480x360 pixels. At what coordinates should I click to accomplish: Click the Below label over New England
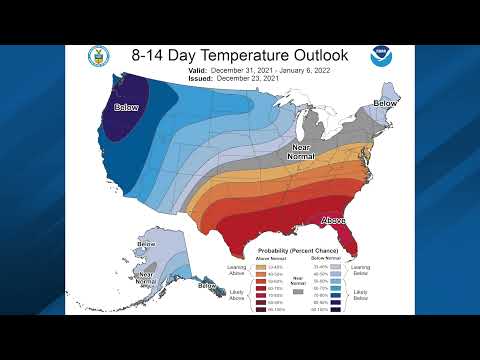(x=384, y=102)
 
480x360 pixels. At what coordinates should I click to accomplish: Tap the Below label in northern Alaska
(x=146, y=244)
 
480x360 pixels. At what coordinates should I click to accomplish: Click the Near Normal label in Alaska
(x=145, y=276)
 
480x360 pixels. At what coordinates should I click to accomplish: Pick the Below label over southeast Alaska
(x=206, y=286)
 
